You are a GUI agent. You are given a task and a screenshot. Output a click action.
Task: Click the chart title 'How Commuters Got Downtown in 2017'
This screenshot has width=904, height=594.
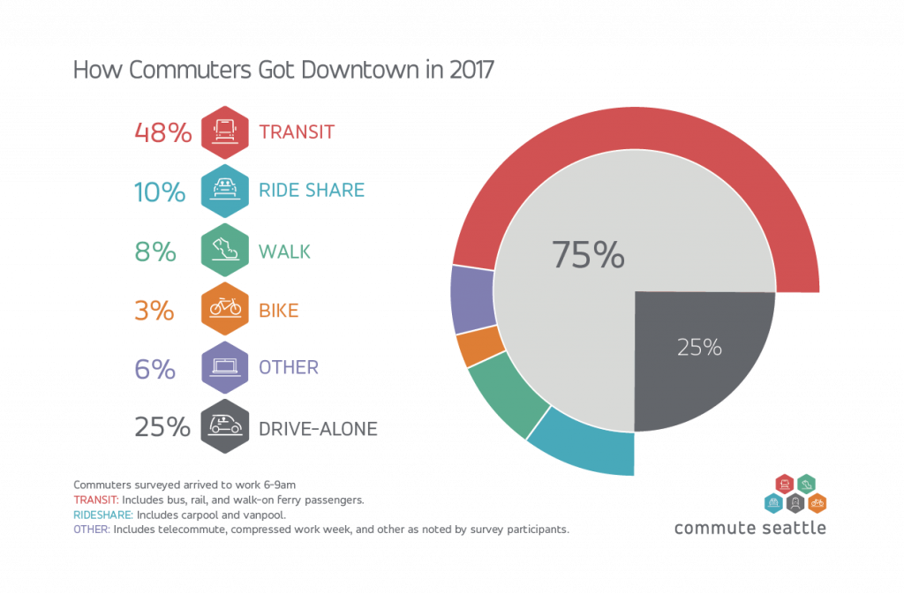pos(282,71)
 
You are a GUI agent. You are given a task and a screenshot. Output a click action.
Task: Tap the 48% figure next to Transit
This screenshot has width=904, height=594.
pos(162,132)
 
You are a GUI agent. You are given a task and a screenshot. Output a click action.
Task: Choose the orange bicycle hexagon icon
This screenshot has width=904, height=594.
pos(225,310)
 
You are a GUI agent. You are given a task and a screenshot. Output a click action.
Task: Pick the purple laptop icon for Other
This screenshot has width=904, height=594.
pos(225,367)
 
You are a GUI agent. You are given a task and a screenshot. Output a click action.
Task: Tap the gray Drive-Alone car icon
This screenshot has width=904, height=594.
pos(225,427)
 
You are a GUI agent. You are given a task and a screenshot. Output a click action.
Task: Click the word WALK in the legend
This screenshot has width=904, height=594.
pos(284,252)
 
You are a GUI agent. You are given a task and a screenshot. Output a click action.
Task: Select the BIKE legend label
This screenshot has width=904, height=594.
pos(279,311)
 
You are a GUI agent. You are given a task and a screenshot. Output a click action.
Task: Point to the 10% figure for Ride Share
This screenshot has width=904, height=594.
pos(160,192)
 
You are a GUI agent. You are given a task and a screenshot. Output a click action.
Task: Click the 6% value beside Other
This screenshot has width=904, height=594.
pos(155,368)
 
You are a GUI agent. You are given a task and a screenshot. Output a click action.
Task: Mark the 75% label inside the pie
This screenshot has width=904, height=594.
pos(589,255)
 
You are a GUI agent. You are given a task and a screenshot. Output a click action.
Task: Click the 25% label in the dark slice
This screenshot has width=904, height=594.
pos(699,348)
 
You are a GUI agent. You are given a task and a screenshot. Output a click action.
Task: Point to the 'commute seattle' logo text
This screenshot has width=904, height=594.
pos(750,528)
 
